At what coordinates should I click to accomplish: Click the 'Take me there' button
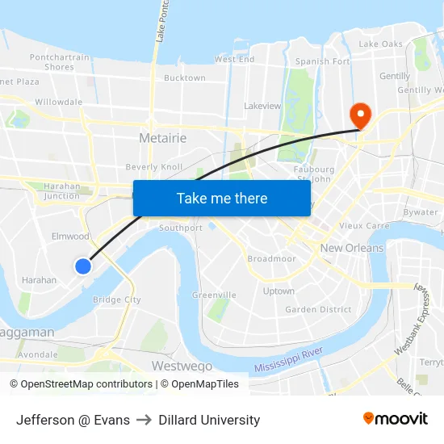(222, 198)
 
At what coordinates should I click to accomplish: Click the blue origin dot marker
(82, 266)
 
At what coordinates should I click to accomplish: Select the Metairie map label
(162, 138)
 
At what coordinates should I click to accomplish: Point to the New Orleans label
(352, 248)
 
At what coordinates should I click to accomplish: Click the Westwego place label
(182, 366)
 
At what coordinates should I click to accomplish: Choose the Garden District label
(318, 309)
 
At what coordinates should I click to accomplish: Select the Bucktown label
(184, 78)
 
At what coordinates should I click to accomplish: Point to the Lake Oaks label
(380, 44)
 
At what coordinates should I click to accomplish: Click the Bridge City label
(116, 299)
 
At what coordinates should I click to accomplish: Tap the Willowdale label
(58, 103)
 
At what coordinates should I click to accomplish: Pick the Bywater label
(420, 212)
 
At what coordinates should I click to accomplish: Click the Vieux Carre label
(364, 226)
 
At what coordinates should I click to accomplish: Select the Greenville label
(214, 295)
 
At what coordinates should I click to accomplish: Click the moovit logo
(395, 418)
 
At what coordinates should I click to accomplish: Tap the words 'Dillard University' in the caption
(209, 420)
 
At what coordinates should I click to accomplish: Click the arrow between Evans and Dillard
(144, 420)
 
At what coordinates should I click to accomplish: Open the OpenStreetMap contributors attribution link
(84, 384)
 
